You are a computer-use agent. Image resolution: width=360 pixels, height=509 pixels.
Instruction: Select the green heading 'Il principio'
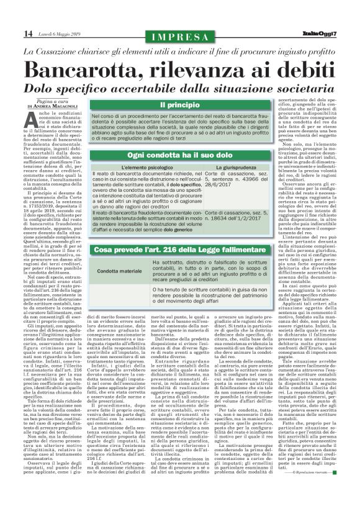pyautogui.click(x=179, y=105)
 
